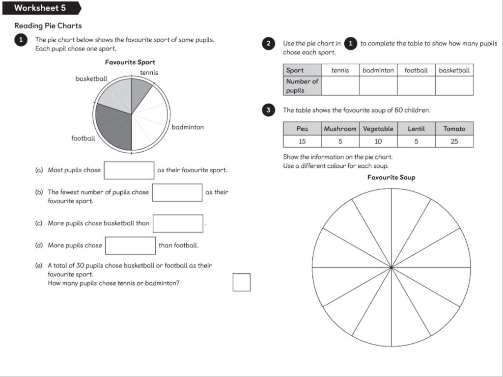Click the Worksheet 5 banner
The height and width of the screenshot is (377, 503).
click(40, 8)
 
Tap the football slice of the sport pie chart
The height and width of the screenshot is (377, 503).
click(115, 126)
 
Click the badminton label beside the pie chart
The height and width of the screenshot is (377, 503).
click(188, 127)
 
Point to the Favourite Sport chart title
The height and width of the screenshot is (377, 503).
click(130, 62)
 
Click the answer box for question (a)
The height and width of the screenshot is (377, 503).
click(129, 170)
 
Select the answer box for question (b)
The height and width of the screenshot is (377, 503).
click(177, 192)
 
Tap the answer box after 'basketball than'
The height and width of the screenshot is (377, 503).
click(178, 223)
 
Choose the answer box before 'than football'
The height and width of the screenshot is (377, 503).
click(130, 245)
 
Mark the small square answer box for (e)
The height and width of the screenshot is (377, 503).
click(241, 282)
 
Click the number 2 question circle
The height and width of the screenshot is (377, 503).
click(268, 43)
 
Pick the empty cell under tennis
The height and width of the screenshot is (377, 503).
click(340, 86)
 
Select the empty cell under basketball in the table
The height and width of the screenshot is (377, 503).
click(454, 86)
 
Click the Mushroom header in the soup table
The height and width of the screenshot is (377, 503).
click(340, 129)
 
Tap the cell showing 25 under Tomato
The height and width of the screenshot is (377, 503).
click(454, 141)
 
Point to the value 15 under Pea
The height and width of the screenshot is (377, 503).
click(302, 141)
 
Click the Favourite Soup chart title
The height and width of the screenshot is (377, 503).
click(391, 177)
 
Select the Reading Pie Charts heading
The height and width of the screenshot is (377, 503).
click(48, 26)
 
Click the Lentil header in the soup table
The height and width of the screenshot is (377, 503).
click(416, 129)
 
